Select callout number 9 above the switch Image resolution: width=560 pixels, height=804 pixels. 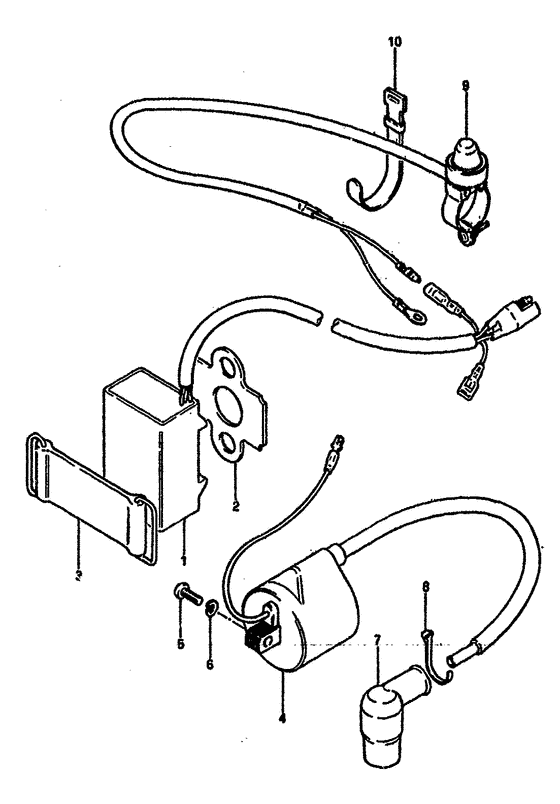click(465, 86)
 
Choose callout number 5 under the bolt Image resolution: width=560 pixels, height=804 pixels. click(180, 645)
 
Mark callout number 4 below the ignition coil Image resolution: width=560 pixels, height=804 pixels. click(283, 716)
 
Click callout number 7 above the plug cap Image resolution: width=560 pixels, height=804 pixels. click(376, 636)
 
